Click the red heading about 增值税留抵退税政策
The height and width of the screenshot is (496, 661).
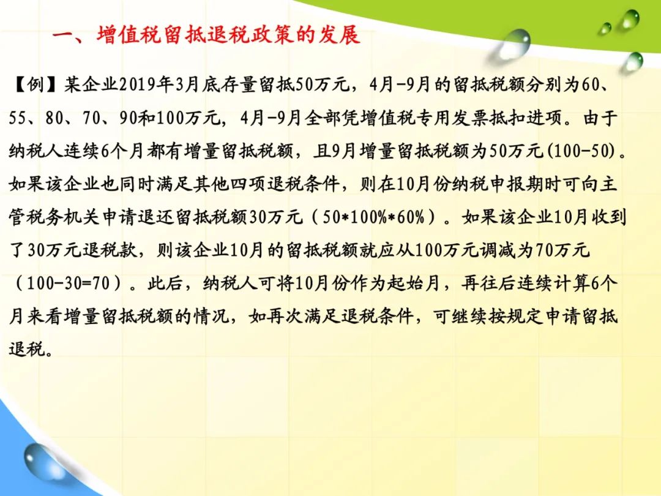click(x=206, y=34)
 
